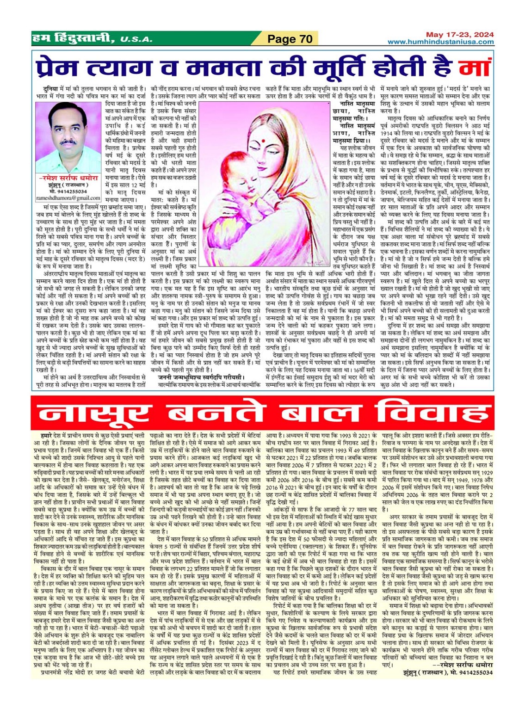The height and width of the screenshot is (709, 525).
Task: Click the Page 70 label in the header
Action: (290, 39)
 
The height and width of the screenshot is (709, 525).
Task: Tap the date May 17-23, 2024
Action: (460, 35)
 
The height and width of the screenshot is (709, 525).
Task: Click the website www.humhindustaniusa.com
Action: (440, 42)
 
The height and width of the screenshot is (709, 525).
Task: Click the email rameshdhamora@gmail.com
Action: (68, 198)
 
